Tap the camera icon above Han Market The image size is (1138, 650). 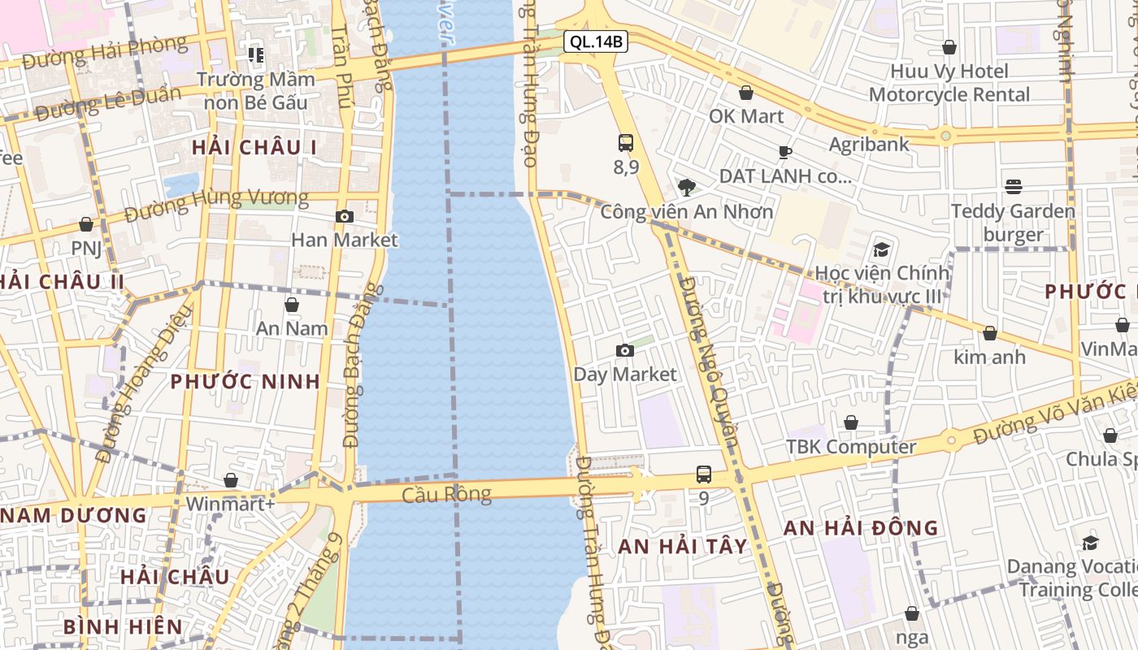345,216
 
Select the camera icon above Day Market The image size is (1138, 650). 624,350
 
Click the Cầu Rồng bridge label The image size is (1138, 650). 446,494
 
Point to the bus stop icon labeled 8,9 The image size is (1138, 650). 625,143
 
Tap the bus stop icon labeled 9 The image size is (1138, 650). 704,474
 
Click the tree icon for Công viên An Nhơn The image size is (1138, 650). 687,188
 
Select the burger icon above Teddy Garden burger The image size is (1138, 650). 1013,187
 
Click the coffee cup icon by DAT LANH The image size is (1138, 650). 784,152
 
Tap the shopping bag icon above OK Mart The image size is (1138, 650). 746,93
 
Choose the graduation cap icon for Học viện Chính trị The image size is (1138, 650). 882,249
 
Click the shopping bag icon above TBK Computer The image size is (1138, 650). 851,422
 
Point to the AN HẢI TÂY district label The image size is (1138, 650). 682,547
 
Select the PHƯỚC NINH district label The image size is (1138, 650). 245,382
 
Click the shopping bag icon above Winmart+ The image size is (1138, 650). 231,480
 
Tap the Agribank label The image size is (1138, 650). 869,145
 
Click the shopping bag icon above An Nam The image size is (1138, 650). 292,305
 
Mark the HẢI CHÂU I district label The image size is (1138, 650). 254,148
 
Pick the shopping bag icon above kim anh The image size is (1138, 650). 989,333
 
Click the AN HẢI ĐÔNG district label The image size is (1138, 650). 861,528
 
